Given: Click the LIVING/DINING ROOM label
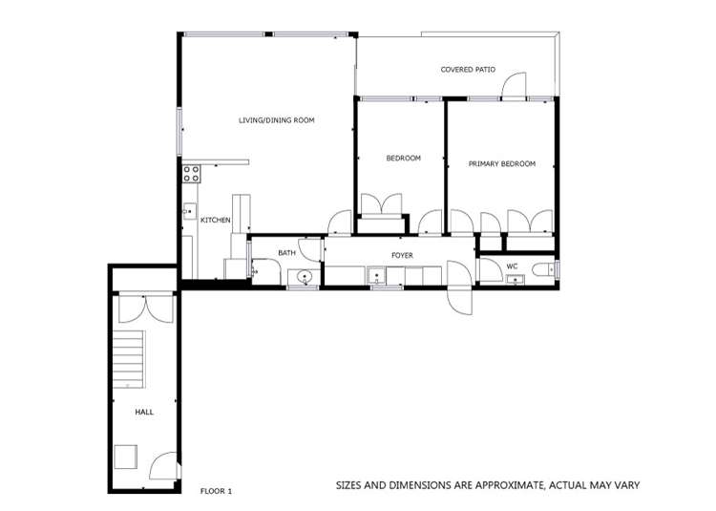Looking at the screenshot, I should [x=276, y=120].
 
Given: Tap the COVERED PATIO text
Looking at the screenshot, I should [x=468, y=70].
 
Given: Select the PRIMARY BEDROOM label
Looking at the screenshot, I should [x=501, y=164].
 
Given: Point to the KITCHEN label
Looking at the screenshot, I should [x=215, y=221].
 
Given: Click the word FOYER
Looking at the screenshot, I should [x=402, y=255].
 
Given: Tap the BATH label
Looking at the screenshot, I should [x=286, y=253].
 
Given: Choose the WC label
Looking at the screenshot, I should [x=512, y=266].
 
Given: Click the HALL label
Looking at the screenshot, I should [x=143, y=412].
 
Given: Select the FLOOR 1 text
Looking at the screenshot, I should [x=216, y=491].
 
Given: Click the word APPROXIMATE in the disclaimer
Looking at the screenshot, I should [x=505, y=486].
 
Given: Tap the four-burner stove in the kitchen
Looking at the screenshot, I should [x=191, y=174].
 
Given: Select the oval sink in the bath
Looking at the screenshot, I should [x=305, y=278].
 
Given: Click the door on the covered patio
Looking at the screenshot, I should [x=515, y=87].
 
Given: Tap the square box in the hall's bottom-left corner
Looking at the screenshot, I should [x=126, y=457].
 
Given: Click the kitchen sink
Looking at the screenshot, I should [x=189, y=213].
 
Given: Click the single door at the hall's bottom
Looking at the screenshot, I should [x=163, y=465].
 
